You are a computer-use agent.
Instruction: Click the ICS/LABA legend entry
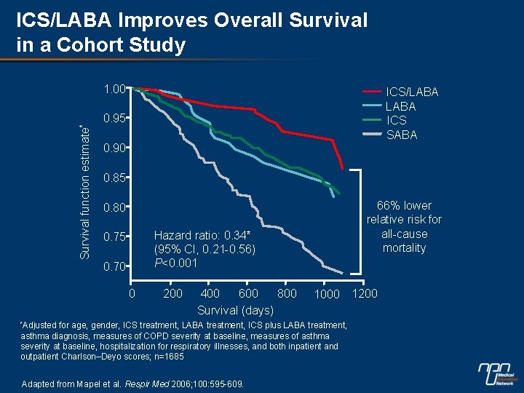pyautogui.click(x=412, y=92)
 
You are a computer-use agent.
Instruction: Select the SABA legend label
pyautogui.click(x=402, y=135)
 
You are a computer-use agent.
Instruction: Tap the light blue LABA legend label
pyautogui.click(x=400, y=106)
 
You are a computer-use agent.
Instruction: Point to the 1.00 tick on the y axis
pyautogui.click(x=115, y=89)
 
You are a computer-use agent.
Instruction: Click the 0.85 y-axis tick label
pyautogui.click(x=115, y=178)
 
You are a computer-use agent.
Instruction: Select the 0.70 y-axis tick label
pyautogui.click(x=115, y=266)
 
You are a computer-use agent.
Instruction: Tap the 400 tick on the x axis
pyautogui.click(x=210, y=293)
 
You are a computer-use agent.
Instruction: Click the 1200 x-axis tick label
pyautogui.click(x=365, y=293)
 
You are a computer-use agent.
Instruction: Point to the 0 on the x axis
pyautogui.click(x=132, y=293)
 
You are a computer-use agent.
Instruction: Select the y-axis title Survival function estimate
pyautogui.click(x=84, y=182)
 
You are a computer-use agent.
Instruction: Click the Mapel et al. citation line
pyautogui.click(x=133, y=383)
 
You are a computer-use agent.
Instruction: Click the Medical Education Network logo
pyautogui.click(x=498, y=373)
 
